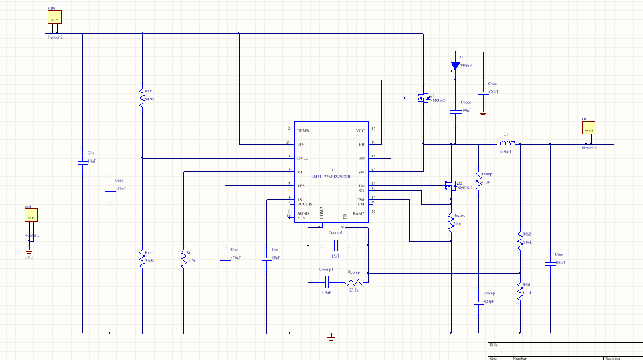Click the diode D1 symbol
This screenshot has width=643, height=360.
pos(455,66)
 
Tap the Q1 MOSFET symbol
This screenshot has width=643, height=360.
pos(422,98)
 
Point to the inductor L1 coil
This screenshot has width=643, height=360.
pos(507,143)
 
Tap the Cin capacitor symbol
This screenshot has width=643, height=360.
pos(82,163)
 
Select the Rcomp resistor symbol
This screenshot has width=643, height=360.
pos(355,282)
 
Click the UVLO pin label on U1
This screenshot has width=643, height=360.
pos(303,158)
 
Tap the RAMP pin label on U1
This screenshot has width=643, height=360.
pos(359,213)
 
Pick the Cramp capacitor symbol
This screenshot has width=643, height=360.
pos(478,302)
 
